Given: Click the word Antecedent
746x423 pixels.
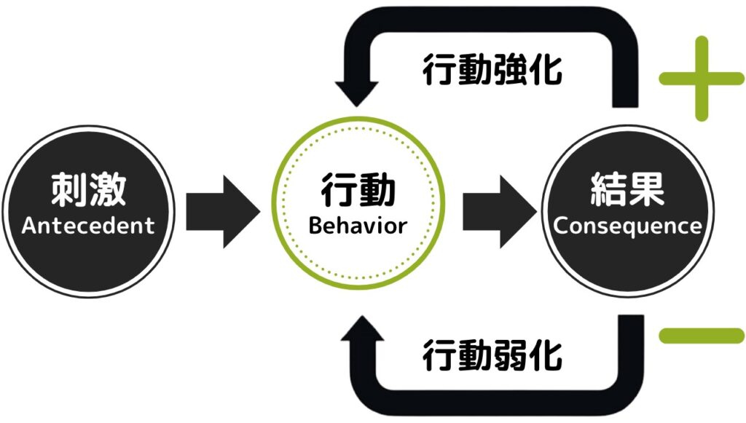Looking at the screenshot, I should click(x=88, y=225).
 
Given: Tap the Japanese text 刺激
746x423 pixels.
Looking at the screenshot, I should click(x=88, y=191).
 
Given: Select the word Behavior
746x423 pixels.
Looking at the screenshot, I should click(x=357, y=225).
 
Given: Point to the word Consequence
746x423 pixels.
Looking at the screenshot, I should click(x=627, y=225).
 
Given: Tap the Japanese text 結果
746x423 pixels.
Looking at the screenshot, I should click(x=627, y=191).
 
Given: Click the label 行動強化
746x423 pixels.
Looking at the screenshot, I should click(x=492, y=71).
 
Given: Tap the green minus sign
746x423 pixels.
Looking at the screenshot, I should click(x=701, y=336).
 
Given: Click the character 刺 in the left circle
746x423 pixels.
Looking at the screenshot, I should click(x=69, y=191).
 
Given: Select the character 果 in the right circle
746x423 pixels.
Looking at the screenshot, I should click(x=645, y=191).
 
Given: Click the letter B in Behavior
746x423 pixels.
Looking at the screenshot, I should click(x=315, y=225).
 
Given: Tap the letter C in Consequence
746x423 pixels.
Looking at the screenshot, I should click(x=559, y=225).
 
